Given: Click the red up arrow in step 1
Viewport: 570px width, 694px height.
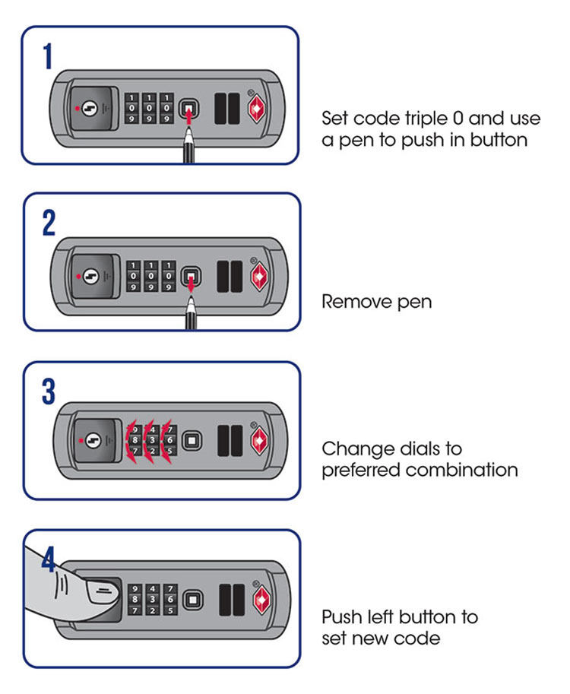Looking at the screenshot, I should click(x=188, y=122).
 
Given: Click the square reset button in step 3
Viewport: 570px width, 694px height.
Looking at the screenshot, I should click(x=192, y=440).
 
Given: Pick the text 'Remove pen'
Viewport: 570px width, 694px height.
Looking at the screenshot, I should click(x=376, y=302).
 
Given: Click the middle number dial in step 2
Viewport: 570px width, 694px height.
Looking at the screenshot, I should click(x=151, y=275).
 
